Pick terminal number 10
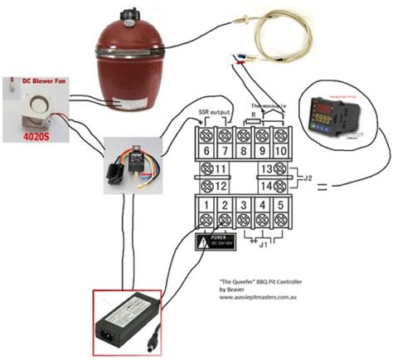coord(282,152)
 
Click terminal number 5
coord(282,204)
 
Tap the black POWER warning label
coord(213,242)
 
